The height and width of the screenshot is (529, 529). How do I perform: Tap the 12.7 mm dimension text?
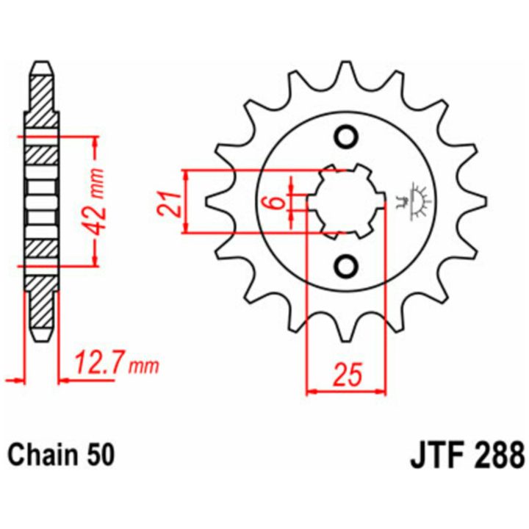[116, 363]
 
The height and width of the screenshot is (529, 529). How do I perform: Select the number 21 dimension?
[169, 204]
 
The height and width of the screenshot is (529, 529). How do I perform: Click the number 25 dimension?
[347, 374]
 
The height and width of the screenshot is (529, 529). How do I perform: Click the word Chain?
[41, 455]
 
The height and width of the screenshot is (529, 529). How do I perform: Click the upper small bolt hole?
[346, 137]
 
